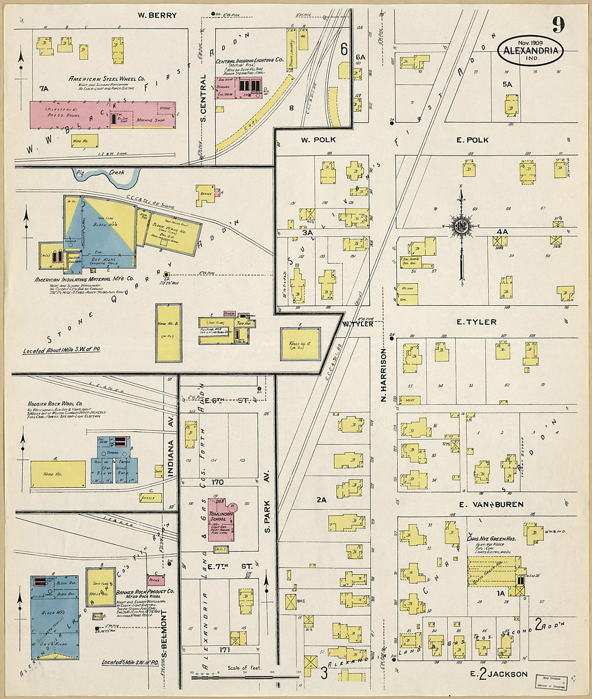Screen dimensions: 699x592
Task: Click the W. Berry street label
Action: (x=157, y=16)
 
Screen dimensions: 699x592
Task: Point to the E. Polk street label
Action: (x=472, y=140)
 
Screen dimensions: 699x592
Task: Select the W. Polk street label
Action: (x=318, y=140)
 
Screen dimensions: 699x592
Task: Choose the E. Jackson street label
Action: (x=498, y=674)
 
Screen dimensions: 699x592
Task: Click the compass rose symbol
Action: (x=461, y=227)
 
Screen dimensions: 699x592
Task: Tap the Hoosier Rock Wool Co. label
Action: (x=55, y=403)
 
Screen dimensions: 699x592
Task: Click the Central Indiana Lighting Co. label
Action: (x=249, y=61)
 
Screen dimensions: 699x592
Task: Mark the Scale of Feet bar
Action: (x=245, y=674)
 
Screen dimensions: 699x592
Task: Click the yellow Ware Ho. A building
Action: (x=300, y=344)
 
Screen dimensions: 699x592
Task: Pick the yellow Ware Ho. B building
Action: (x=168, y=333)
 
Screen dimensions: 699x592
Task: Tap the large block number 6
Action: (x=343, y=49)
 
